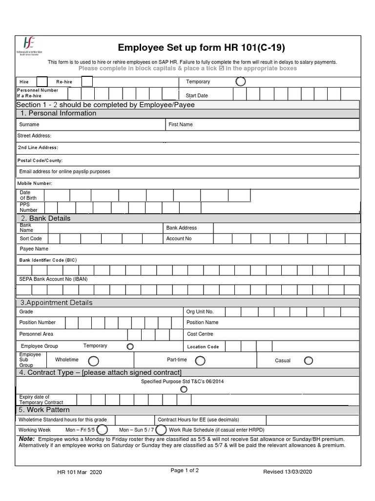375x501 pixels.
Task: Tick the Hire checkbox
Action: click(x=42, y=82)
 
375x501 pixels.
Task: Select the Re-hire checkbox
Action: click(x=86, y=82)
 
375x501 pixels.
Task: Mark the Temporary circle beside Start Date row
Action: click(x=241, y=82)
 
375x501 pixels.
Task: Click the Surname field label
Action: click(x=29, y=125)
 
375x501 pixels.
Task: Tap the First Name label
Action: click(x=181, y=125)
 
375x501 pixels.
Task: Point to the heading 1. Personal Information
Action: click(x=58, y=114)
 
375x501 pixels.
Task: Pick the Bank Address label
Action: click(x=182, y=228)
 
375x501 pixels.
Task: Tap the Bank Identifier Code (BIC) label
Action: click(x=48, y=260)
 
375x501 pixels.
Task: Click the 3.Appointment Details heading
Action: click(x=56, y=303)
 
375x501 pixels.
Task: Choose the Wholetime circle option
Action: click(x=93, y=361)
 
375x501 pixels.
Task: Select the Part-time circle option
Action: click(x=200, y=361)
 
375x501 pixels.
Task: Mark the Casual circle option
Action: click(x=309, y=361)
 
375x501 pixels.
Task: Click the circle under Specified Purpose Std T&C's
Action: click(x=184, y=389)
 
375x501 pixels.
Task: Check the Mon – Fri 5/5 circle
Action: click(x=102, y=430)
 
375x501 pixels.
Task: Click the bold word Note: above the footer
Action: click(x=27, y=439)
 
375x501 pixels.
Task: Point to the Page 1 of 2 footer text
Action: click(x=185, y=471)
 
